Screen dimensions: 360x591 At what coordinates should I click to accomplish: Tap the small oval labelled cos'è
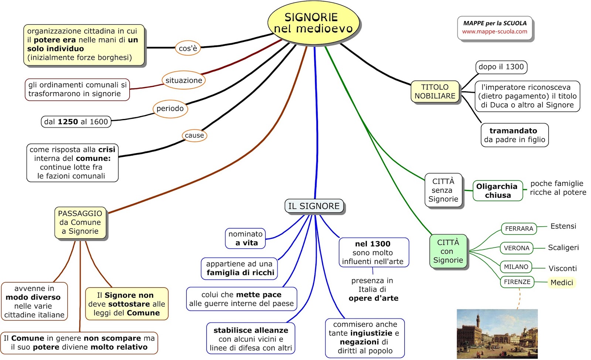(188, 48)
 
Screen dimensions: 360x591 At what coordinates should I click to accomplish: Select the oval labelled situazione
(184, 80)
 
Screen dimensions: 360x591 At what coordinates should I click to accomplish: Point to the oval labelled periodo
(170, 109)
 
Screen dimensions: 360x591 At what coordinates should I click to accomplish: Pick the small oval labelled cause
(194, 135)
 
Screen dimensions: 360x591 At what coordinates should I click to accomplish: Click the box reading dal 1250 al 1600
(76, 122)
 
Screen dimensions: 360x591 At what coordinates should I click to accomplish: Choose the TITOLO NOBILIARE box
(435, 92)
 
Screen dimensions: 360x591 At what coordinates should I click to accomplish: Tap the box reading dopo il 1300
(501, 67)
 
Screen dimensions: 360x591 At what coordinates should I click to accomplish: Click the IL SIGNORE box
(314, 206)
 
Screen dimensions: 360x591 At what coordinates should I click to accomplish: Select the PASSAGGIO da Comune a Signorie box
(80, 223)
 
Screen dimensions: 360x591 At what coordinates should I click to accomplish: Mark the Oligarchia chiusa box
(497, 191)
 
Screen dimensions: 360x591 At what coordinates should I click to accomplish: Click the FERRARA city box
(519, 229)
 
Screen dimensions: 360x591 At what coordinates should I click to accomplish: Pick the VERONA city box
(516, 248)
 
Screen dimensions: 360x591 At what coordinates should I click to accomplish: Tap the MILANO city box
(516, 267)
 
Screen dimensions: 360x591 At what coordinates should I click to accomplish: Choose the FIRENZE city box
(517, 282)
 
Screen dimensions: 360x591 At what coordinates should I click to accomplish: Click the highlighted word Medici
(561, 283)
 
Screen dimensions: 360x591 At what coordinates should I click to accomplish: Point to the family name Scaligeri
(563, 248)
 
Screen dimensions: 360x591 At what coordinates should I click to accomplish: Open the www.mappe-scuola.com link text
(495, 32)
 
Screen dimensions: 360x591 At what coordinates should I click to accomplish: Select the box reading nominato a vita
(245, 238)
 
